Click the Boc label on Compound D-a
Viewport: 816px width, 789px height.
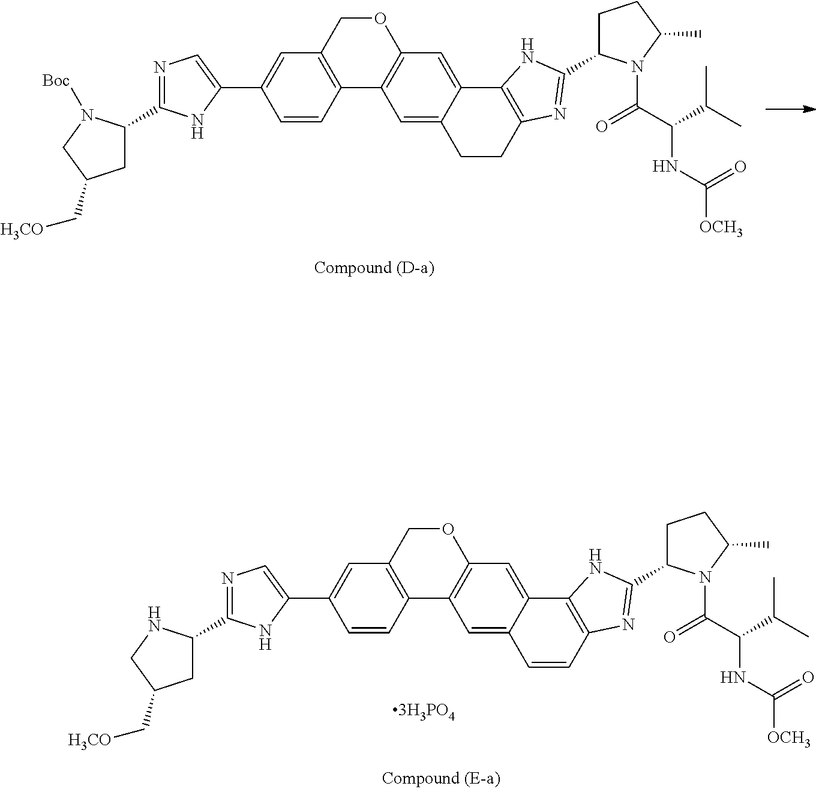[x=56, y=80]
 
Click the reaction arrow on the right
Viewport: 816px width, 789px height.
[x=790, y=109]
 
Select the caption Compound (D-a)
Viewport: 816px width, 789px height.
[x=374, y=268]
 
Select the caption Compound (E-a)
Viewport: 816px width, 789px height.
[x=441, y=778]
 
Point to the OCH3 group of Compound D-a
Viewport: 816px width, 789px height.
[x=721, y=229]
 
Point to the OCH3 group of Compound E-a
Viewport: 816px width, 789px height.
[x=789, y=738]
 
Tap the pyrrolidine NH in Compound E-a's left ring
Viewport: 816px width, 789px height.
[x=155, y=621]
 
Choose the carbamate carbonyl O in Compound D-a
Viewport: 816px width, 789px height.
[x=740, y=167]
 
